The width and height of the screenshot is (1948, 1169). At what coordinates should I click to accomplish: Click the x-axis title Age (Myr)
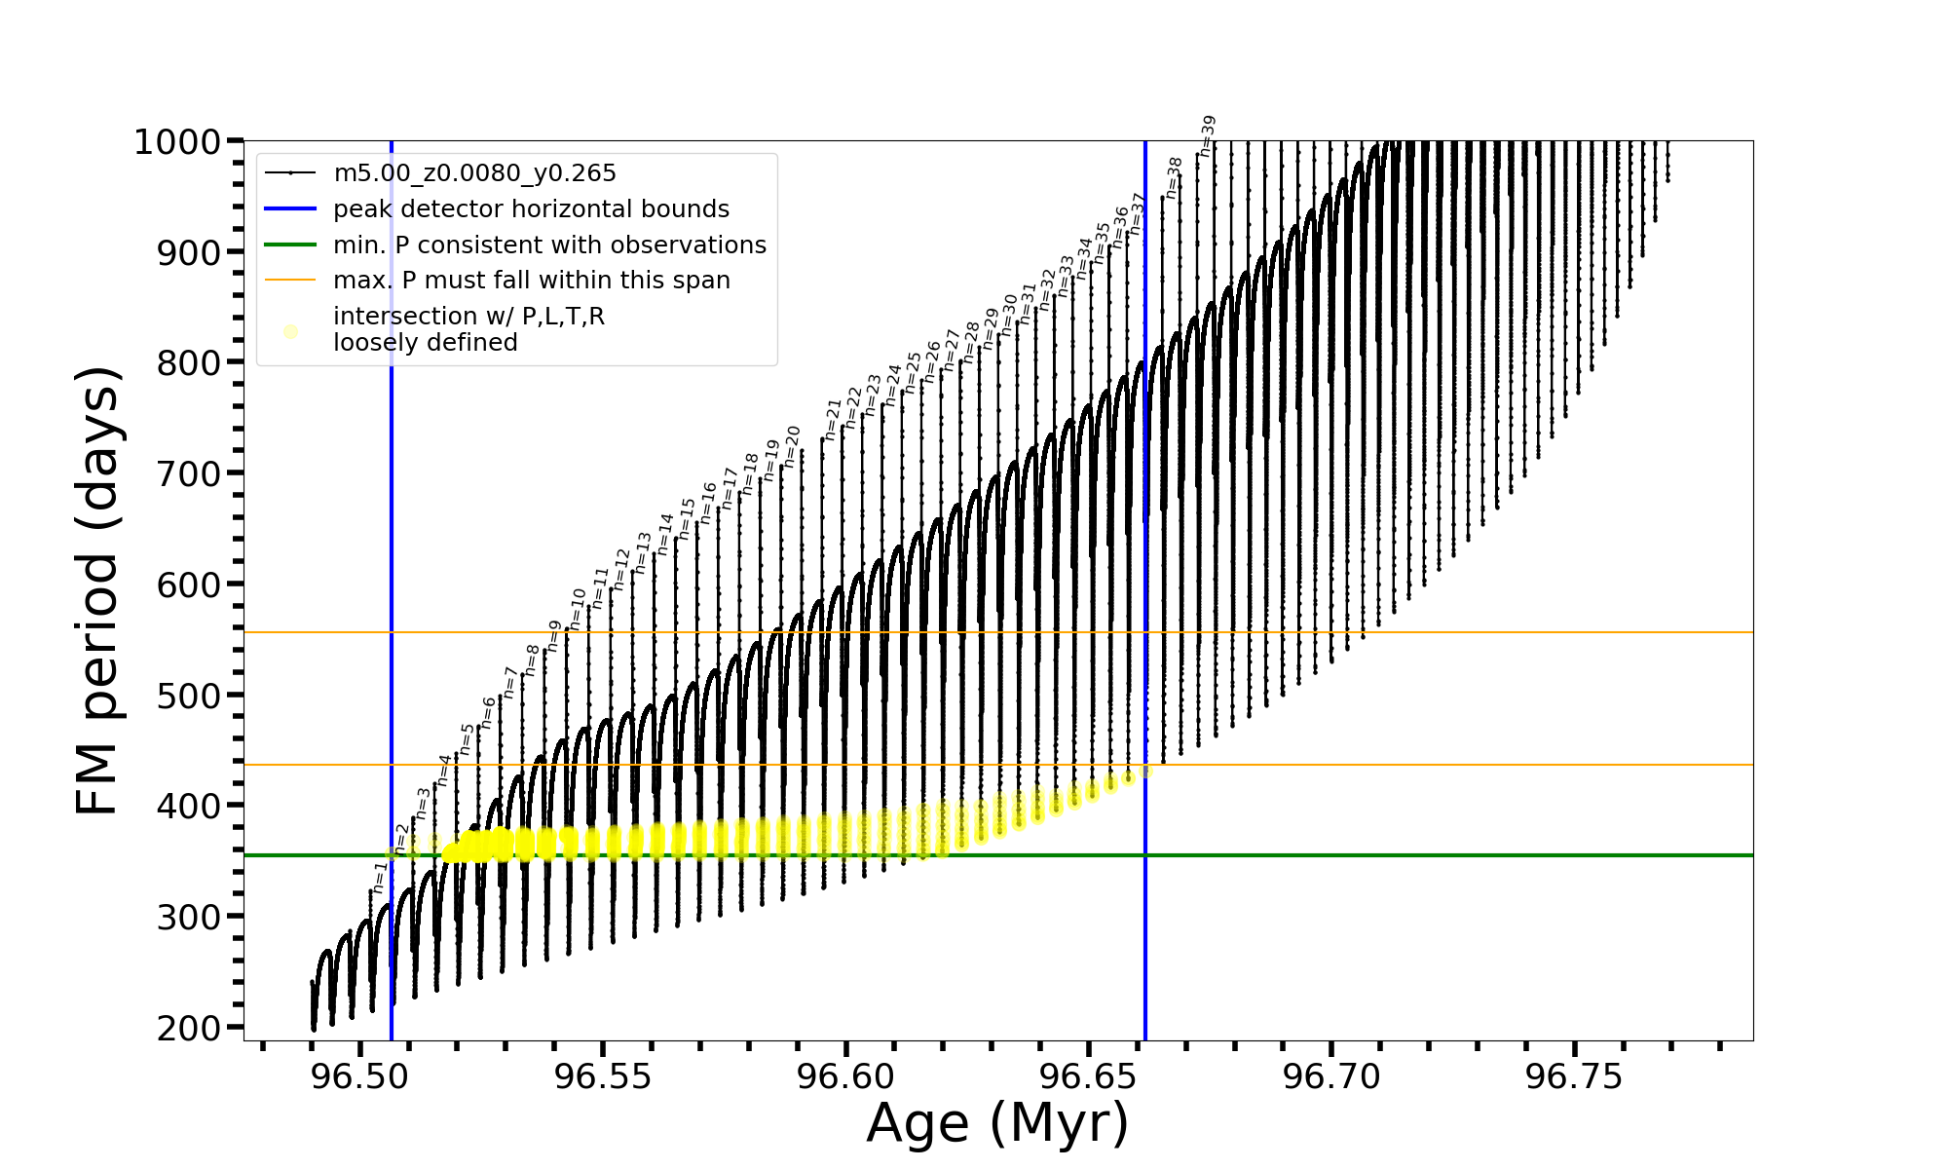[997, 1123]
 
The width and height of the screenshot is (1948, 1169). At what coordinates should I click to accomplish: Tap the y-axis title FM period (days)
[97, 590]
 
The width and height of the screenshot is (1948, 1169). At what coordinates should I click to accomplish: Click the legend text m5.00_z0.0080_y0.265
[474, 173]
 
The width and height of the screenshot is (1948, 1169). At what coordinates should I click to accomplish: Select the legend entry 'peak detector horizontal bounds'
[531, 209]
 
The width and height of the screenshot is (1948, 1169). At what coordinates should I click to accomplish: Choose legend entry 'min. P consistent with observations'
[549, 245]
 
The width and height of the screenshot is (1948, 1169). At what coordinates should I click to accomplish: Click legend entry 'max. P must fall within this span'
[531, 281]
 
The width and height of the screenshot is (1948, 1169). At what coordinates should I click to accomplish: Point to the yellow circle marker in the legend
[290, 331]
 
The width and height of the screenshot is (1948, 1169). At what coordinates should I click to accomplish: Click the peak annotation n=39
[1208, 136]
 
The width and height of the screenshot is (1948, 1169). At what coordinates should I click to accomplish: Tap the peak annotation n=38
[1174, 177]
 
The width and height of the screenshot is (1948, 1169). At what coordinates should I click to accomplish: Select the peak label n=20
[792, 446]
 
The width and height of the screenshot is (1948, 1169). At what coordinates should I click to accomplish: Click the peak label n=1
[380, 877]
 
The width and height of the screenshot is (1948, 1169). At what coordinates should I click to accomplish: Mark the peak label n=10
[577, 609]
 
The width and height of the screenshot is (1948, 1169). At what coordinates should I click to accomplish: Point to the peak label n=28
[971, 343]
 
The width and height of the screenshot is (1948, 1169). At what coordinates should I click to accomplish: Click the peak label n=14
[665, 535]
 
